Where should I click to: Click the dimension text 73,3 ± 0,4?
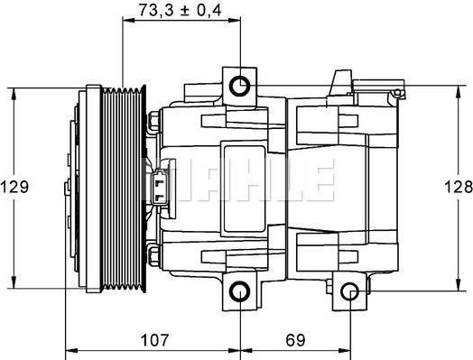[181, 11]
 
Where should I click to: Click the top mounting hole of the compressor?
[240, 86]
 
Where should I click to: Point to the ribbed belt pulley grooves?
[126, 188]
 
